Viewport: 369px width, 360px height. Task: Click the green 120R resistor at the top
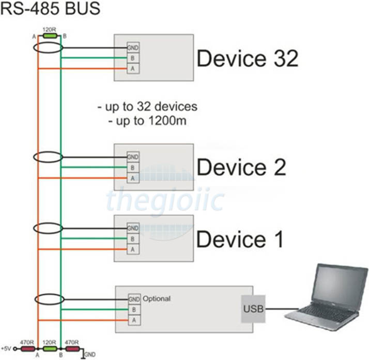[50, 36]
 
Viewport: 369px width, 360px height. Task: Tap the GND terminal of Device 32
[133, 48]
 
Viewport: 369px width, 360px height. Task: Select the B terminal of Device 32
[133, 58]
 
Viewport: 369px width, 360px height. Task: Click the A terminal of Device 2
[133, 178]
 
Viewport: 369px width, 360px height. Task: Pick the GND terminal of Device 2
[133, 157]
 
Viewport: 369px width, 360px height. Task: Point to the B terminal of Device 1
[133, 239]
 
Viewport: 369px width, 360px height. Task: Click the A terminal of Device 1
[133, 249]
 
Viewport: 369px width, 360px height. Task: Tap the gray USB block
[253, 309]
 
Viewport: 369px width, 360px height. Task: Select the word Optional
[157, 299]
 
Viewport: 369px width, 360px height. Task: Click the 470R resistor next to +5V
[28, 349]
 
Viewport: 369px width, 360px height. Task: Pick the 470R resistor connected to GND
[72, 349]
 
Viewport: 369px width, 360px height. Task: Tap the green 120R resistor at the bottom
[50, 349]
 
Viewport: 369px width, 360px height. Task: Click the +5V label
[6, 349]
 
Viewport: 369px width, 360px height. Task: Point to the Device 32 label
[248, 58]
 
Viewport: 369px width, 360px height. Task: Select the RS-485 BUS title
[50, 8]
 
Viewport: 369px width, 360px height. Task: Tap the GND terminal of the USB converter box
[134, 300]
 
